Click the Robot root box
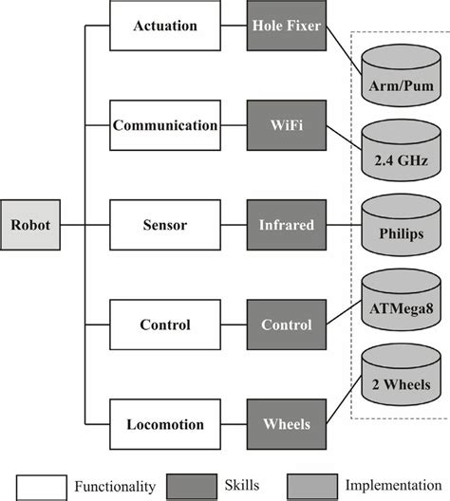click(31, 227)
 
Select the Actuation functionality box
click(166, 26)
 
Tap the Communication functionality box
click(166, 125)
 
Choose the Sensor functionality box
click(166, 227)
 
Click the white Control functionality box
click(166, 325)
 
